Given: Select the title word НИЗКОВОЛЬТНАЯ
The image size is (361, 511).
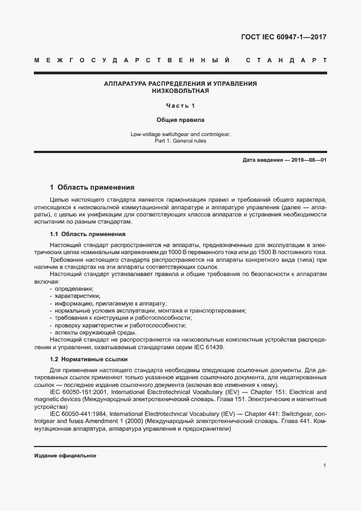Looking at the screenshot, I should pos(180,91).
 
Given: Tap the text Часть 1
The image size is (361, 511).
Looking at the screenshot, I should pos(180,105).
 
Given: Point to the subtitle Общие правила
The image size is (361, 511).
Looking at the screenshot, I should pos(180,120).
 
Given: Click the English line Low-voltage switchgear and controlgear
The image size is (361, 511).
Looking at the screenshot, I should pos(180,134).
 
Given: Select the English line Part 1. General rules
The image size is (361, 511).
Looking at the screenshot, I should pos(180,141).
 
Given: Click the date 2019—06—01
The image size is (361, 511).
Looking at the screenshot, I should pos(308,160).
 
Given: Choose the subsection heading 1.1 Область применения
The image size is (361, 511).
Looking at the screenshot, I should pos(80,234).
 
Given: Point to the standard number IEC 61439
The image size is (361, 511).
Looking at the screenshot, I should pos(206,348).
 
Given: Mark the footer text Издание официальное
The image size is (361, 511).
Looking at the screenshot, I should pos(65,456).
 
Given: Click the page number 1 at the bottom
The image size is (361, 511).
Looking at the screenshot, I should pos(324,466).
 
